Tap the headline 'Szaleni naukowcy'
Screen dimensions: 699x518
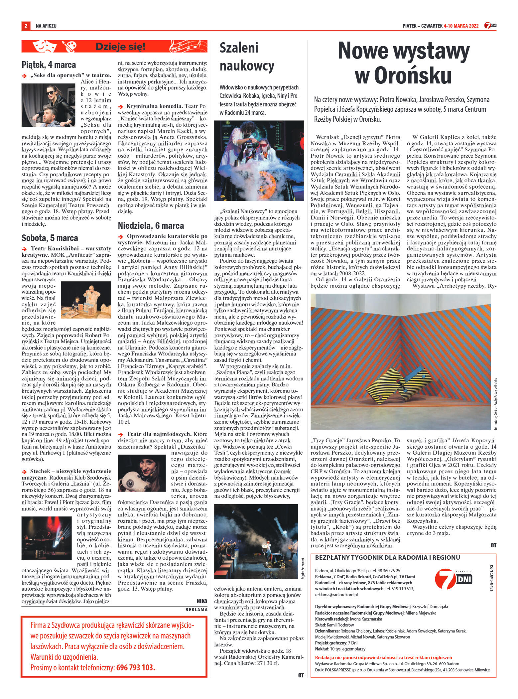click(x=247, y=57)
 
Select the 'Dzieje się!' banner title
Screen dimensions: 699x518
click(x=120, y=47)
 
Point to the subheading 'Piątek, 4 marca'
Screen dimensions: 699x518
click(x=49, y=64)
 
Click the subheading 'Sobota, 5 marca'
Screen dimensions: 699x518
click(x=50, y=238)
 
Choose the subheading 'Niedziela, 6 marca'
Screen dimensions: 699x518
click(x=151, y=226)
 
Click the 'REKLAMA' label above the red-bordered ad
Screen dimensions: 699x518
click(x=196, y=609)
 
